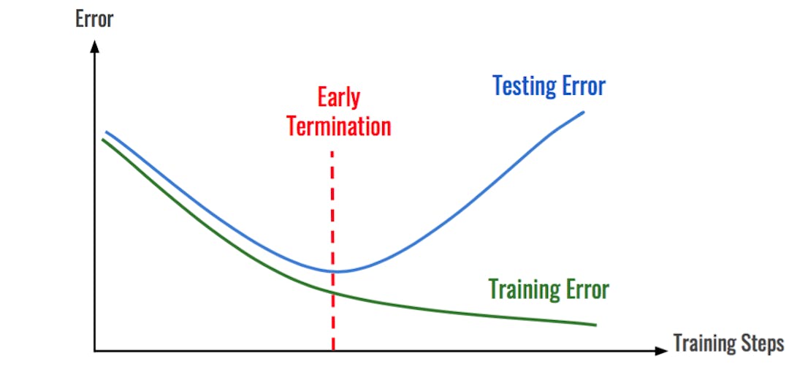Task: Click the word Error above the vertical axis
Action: tap(94, 18)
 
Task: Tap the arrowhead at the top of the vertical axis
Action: tap(94, 45)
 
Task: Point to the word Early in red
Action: tap(338, 98)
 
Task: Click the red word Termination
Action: tap(339, 126)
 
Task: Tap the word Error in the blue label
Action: tap(584, 86)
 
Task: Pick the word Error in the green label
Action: tap(587, 290)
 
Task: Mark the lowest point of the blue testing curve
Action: tap(335, 271)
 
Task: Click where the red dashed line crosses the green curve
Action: tap(333, 293)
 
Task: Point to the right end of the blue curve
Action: tap(584, 112)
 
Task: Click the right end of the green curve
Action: tap(595, 325)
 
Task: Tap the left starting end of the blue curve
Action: tap(107, 132)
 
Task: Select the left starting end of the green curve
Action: tap(102, 139)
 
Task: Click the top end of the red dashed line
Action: tap(333, 152)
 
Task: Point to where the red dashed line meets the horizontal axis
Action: tap(333, 351)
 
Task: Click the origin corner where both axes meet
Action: tap(94, 351)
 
